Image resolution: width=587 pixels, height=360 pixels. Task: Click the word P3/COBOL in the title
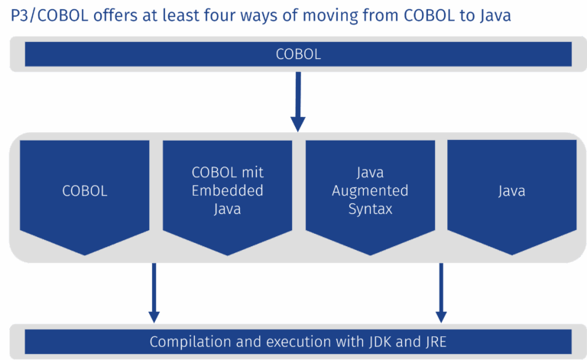(50, 16)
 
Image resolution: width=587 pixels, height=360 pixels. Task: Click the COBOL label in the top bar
(298, 54)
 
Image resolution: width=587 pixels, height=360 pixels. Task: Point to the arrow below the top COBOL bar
(298, 102)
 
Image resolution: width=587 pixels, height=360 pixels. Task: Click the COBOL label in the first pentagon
(85, 191)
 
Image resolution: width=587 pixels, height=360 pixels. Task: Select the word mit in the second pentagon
(252, 173)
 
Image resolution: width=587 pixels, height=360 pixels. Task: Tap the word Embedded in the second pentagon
(227, 191)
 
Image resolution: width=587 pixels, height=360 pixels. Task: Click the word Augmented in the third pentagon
(370, 191)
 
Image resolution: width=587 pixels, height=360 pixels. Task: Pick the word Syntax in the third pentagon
(370, 209)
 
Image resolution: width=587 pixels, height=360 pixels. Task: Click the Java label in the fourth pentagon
(512, 191)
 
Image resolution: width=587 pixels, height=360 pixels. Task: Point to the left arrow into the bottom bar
(154, 293)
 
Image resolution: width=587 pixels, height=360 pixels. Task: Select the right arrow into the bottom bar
(441, 293)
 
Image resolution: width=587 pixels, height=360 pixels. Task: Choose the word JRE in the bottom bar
(436, 342)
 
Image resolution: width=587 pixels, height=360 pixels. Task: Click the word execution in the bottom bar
(299, 342)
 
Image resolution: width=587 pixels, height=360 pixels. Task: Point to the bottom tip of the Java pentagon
(512, 255)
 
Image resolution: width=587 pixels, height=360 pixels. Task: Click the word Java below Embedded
(227, 209)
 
